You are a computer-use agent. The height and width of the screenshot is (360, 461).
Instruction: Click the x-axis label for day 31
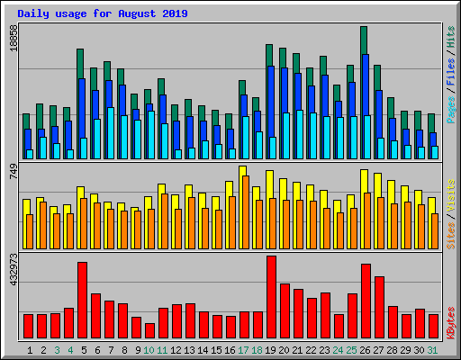point(433,349)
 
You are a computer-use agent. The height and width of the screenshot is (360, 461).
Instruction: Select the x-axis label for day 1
point(31,349)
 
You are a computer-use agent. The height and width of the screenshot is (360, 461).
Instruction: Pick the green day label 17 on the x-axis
point(243,349)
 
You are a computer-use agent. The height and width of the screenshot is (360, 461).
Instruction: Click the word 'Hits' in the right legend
point(450,37)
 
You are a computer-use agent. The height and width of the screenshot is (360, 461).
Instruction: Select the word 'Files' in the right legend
point(450,71)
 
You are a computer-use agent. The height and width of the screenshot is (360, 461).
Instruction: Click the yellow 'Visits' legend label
point(450,194)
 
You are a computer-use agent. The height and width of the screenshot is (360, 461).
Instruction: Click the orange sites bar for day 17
point(246,212)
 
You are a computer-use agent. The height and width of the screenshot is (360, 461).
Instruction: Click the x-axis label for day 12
point(176,349)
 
